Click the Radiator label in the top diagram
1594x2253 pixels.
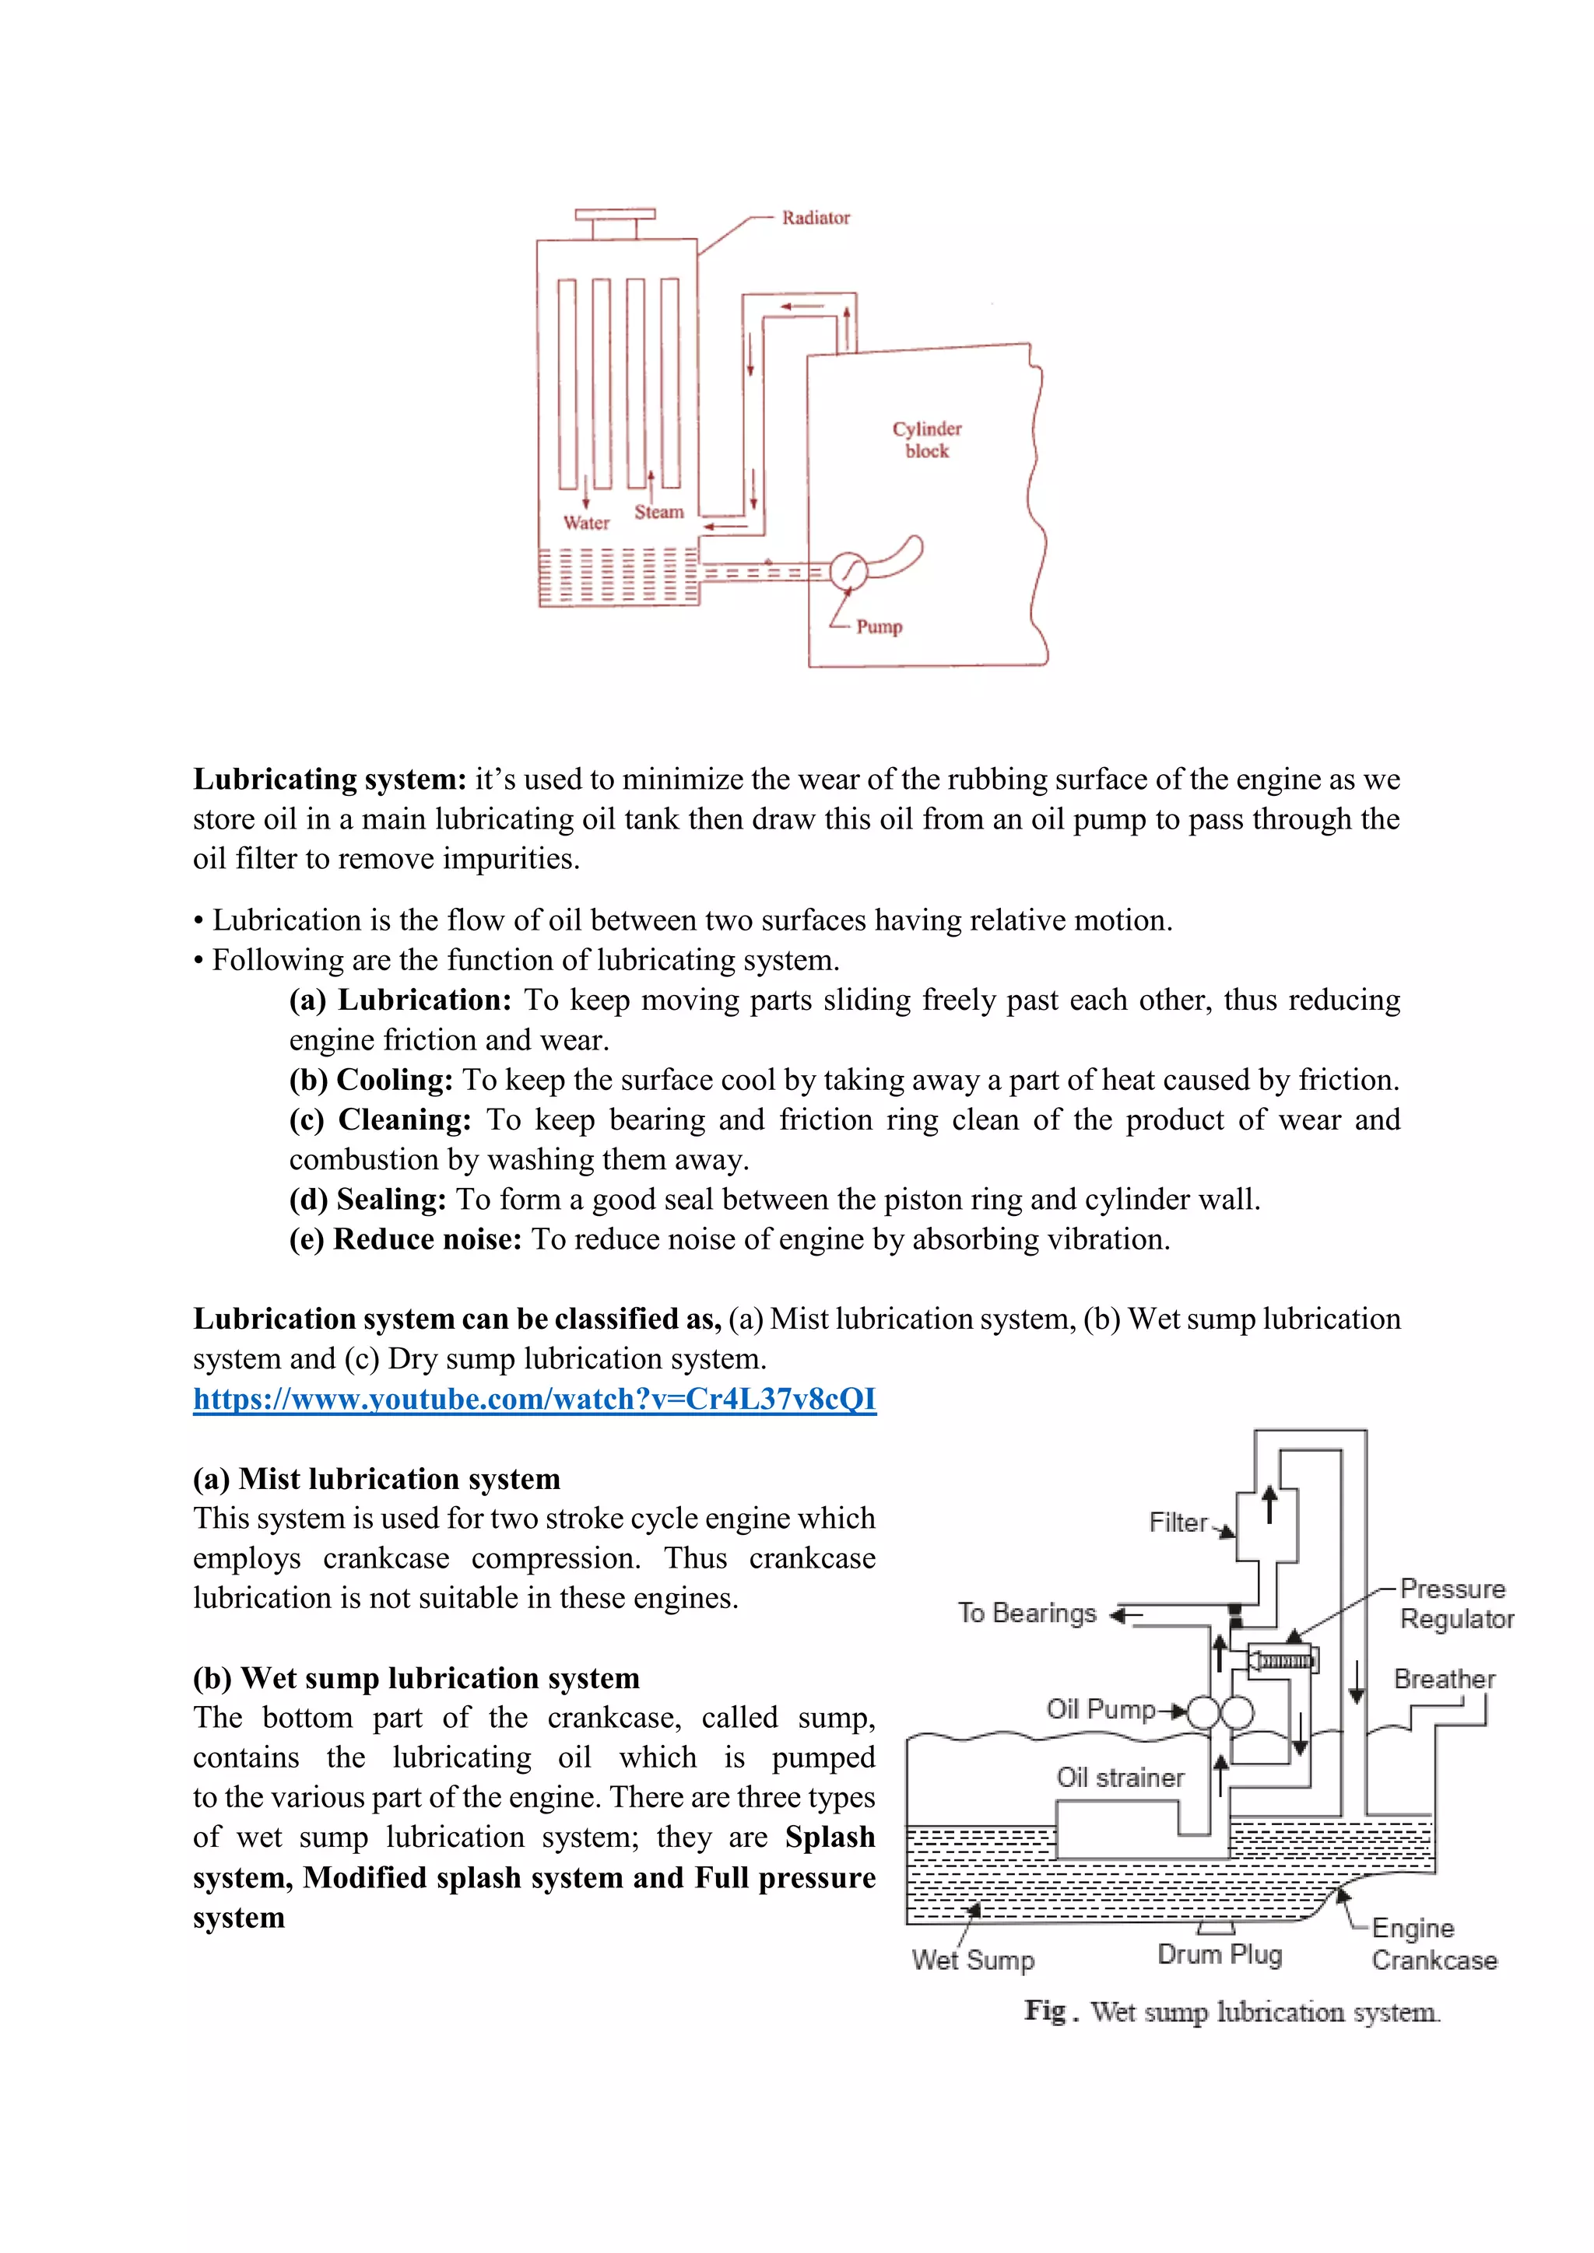(x=815, y=218)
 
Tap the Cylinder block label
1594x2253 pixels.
(x=926, y=440)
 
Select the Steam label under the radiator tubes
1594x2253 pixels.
(x=658, y=512)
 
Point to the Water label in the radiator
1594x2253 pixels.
(x=586, y=523)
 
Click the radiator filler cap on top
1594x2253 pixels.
(x=616, y=215)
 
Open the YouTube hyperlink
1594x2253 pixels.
(x=534, y=1398)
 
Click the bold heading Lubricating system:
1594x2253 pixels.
(x=330, y=779)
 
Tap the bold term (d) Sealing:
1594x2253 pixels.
(x=368, y=1199)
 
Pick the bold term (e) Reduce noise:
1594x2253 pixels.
(x=406, y=1239)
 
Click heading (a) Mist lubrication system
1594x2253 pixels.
(x=377, y=1479)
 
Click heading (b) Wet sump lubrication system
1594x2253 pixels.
(x=416, y=1678)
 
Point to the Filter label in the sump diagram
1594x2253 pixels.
(x=1178, y=1522)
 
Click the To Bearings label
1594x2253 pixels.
(x=1027, y=1614)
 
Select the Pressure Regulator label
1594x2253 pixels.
(x=1455, y=1603)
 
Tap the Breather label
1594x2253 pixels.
(x=1444, y=1679)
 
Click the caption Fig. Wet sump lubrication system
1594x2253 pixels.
(x=1232, y=2012)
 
